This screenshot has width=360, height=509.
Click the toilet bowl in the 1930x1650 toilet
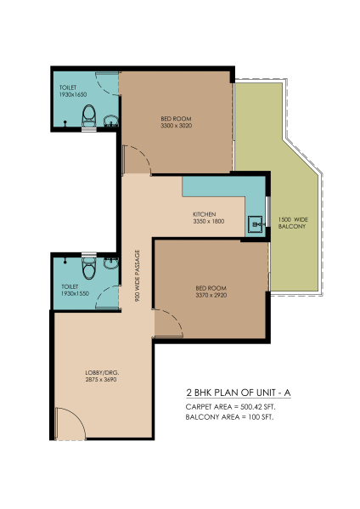tap(88, 116)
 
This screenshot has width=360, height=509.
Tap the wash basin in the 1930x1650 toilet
tap(111, 121)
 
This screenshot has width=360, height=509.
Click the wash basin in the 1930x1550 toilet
tap(111, 263)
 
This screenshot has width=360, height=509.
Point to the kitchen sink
tap(256, 223)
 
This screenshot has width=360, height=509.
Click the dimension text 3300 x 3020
tap(176, 126)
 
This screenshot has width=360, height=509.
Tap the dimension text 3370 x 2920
tap(211, 295)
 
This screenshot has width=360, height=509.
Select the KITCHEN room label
tap(205, 214)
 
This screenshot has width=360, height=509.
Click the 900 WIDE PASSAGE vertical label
tap(138, 275)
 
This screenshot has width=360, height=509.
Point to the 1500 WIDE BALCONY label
tap(293, 223)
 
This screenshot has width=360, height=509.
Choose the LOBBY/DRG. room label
tap(102, 373)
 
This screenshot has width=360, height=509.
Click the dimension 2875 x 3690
tap(101, 380)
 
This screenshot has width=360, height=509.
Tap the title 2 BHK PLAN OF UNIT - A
tap(239, 393)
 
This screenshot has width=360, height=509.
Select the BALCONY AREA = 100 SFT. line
tap(229, 417)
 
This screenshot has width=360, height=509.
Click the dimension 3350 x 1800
tap(209, 222)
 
